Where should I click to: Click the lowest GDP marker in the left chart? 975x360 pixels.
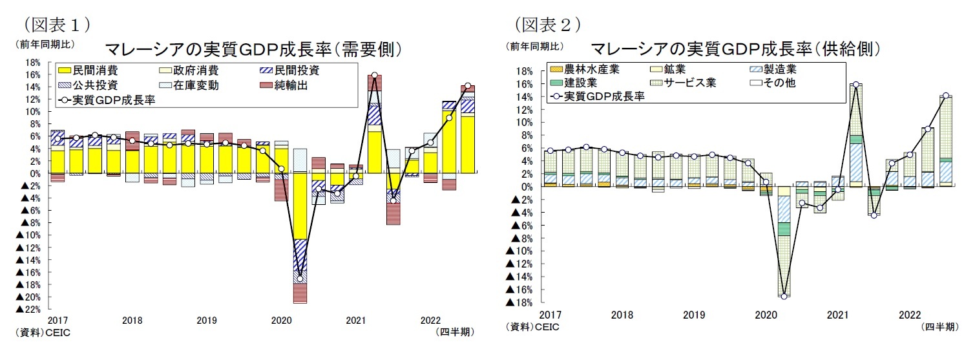pos(300,279)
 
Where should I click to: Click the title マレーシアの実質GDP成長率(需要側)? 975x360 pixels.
pos(249,50)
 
